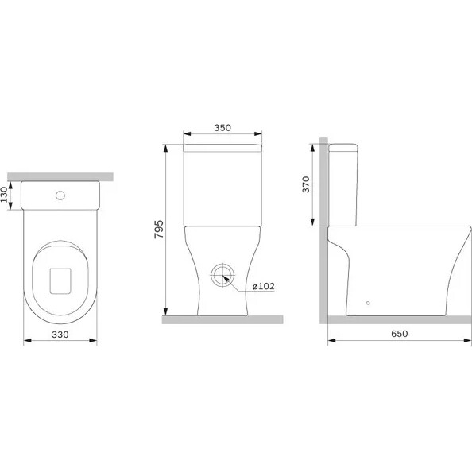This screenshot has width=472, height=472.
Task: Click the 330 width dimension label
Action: tap(60, 335)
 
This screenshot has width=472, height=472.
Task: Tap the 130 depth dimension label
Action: tap(4, 195)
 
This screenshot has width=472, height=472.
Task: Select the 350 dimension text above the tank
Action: tap(222, 128)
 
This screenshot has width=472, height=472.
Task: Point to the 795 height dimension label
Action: tap(159, 230)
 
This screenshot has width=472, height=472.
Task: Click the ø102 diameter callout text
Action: tap(263, 286)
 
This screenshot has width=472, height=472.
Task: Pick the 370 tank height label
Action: tap(306, 184)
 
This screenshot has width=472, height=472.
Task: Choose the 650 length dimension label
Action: tap(400, 334)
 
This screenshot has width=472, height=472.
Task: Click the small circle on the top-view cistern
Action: tap(60, 195)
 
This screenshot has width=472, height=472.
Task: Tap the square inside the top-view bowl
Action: tap(60, 281)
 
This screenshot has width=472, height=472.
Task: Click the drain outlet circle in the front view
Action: tap(222, 276)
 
